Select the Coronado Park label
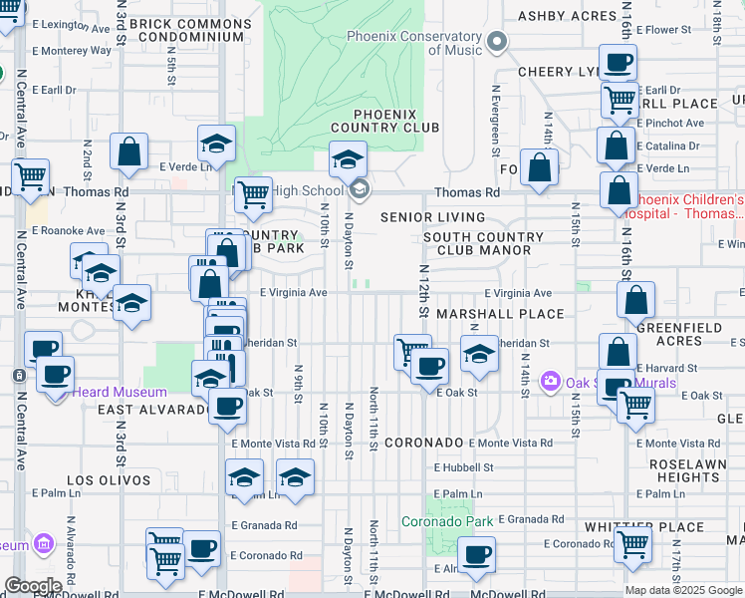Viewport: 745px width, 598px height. (447, 520)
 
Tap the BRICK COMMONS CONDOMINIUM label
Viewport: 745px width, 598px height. (191, 29)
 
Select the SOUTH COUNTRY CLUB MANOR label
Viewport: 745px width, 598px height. (483, 244)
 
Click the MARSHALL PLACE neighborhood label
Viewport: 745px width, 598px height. (514, 314)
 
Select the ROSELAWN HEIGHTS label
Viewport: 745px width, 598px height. (688, 470)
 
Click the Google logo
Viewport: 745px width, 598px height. (33, 586)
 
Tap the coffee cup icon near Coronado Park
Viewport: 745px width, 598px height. (476, 553)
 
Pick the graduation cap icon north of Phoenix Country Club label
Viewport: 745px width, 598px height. (348, 158)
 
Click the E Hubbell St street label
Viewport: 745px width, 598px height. (463, 467)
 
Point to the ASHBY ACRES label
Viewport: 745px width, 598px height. (567, 16)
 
